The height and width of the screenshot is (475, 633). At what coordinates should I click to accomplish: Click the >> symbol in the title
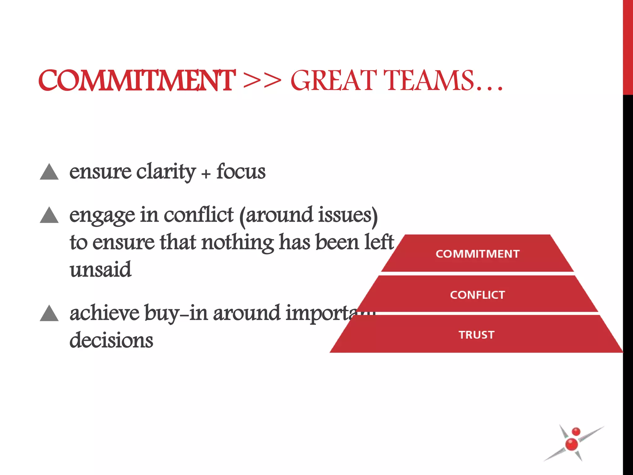262,81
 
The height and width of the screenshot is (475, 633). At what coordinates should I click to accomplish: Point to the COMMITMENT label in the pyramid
478,254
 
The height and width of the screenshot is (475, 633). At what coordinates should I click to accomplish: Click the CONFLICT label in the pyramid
478,295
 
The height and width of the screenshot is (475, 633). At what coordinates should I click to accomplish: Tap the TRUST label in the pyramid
477,335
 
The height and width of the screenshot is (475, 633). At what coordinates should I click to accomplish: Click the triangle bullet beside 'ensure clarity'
49,172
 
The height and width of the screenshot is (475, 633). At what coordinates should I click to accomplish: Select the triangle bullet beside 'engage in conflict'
49,215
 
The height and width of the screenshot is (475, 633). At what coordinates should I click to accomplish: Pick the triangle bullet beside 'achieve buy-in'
49,313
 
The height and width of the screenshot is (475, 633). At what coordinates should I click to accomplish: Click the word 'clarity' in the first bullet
166,172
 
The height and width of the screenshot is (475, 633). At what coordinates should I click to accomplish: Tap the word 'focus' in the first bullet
241,172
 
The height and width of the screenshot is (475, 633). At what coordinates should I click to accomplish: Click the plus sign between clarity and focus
206,174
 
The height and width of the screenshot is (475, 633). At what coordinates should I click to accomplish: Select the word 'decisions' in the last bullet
111,340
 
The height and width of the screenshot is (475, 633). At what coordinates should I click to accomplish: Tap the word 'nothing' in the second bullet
237,242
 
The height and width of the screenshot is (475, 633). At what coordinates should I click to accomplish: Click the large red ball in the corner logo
571,444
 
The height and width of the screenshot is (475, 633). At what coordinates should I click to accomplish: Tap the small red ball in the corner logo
576,432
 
